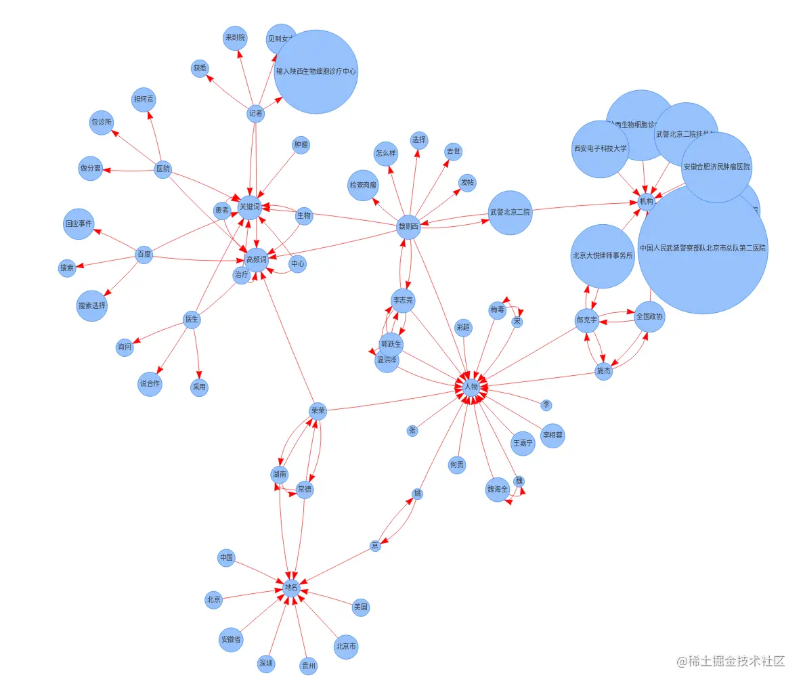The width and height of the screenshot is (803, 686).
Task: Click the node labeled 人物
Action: coord(471,387)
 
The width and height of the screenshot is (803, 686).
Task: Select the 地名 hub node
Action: coord(291,587)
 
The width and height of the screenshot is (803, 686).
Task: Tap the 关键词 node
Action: coord(249,207)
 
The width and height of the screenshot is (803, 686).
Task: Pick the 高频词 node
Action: coord(257,259)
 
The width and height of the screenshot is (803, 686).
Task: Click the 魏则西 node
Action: coord(408,227)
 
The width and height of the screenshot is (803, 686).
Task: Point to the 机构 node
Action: coord(647,201)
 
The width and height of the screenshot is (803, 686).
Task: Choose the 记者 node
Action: coord(255,113)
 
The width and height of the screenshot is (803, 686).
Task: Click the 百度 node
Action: coord(144,255)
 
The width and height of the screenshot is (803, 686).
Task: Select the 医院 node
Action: coord(163,169)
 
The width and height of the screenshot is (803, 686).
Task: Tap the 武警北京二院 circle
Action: coord(510,213)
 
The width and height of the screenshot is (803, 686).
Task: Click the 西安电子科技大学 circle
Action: coord(600,148)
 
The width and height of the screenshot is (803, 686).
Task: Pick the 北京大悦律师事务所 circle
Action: coord(603,256)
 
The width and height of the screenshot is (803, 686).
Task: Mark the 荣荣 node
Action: coord(318,411)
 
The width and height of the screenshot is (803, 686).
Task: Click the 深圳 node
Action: coord(266,664)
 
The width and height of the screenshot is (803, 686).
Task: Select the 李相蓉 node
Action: coord(552,435)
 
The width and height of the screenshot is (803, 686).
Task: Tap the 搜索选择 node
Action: coord(92,305)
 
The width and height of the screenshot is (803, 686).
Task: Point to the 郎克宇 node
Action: coord(587,320)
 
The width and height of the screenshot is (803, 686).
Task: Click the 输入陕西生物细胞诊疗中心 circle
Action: coord(316,71)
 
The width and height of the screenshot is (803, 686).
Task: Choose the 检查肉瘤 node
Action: coord(363,185)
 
